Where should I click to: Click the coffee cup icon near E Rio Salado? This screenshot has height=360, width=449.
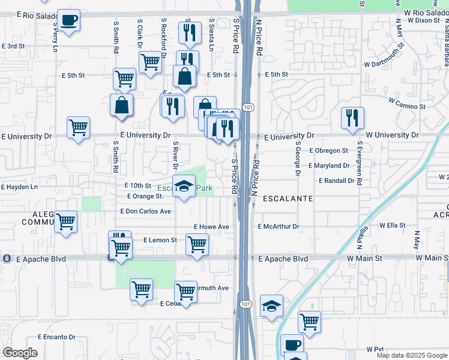click(x=68, y=20)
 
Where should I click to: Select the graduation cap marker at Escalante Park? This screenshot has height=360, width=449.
click(x=184, y=187)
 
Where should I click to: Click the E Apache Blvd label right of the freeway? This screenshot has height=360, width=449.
click(x=283, y=259)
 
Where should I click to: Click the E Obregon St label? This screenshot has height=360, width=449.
click(x=328, y=151)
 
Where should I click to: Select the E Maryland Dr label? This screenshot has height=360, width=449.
click(x=329, y=166)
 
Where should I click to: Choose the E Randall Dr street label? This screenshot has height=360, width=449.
click(x=337, y=181)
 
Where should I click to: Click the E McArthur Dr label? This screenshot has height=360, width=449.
click(x=278, y=227)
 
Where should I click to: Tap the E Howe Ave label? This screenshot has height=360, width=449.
click(x=211, y=227)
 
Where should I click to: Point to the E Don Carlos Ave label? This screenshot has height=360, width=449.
click(x=145, y=211)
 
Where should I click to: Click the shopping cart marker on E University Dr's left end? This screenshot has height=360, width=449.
click(x=79, y=128)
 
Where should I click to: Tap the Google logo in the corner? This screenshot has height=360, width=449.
click(x=20, y=353)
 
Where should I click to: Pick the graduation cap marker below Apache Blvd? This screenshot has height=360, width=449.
click(x=272, y=305)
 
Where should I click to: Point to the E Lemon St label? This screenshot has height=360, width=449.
click(x=160, y=240)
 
